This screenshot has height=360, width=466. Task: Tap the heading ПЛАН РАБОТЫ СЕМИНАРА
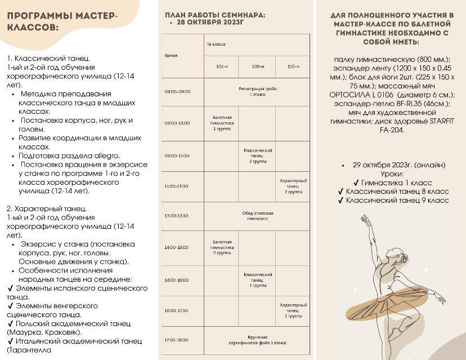coord(216,15)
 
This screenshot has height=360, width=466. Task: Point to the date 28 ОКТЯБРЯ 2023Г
coord(211,23)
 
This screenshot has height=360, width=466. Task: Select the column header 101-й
coord(221,66)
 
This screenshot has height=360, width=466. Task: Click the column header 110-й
coord(293,66)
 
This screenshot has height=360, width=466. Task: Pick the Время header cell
coord(171,56)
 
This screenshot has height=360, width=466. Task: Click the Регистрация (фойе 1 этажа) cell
coord(257,91)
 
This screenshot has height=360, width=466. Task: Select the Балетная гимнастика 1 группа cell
coord(221,122)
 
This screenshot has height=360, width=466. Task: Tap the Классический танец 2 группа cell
coord(258,155)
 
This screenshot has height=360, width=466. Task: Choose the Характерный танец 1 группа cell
coord(293,310)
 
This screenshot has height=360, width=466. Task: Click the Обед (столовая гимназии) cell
coord(257,216)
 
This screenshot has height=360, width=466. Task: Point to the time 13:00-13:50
coord(177,216)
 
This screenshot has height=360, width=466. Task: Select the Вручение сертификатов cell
coord(257,340)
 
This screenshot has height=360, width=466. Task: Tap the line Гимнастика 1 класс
coord(393,183)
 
